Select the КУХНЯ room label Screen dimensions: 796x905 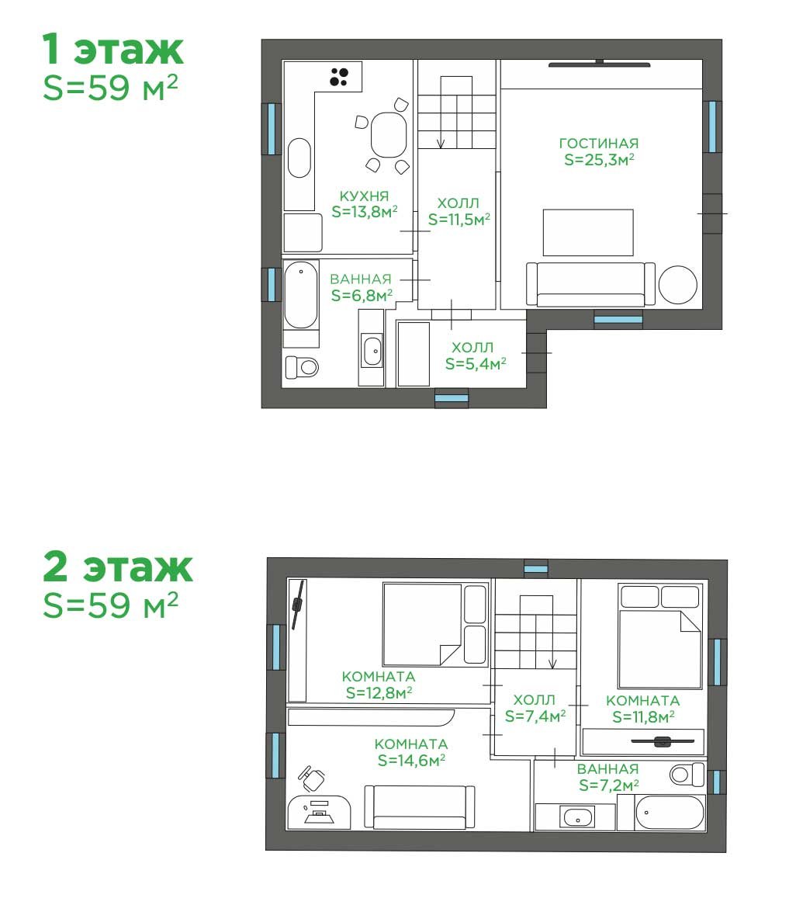click(x=364, y=196)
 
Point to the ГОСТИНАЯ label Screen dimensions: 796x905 click(x=599, y=143)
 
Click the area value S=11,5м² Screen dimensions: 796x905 click(x=459, y=220)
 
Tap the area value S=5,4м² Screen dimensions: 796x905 click(x=476, y=363)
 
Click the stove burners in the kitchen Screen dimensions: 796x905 click(x=338, y=77)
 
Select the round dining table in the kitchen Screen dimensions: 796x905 click(x=388, y=135)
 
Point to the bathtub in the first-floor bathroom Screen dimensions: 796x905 click(x=300, y=295)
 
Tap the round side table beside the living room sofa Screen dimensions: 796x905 click(x=678, y=285)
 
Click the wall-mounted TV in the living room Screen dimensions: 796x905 click(x=599, y=64)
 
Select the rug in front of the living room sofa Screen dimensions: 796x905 click(x=588, y=233)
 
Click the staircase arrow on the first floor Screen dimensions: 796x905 click(x=441, y=121)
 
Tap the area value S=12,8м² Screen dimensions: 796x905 click(x=379, y=692)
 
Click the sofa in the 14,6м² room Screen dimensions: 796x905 click(x=420, y=807)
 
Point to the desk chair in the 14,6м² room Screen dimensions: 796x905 click(x=311, y=778)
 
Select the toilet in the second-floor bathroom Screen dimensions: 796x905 click(x=687, y=774)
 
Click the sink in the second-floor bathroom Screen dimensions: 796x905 click(x=577, y=818)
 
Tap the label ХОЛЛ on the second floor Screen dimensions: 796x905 click(x=534, y=700)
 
